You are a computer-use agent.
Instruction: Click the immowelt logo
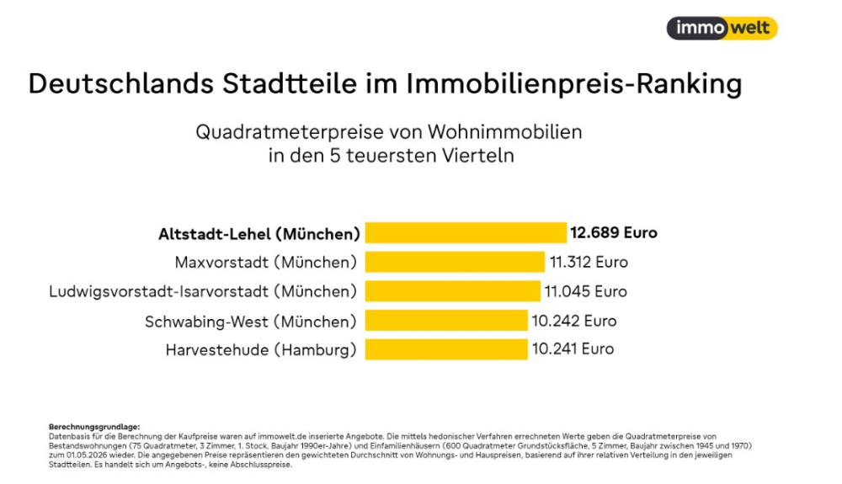(x=722, y=28)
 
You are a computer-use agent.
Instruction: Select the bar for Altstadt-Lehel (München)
(x=466, y=233)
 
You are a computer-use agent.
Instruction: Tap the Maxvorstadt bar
(x=455, y=262)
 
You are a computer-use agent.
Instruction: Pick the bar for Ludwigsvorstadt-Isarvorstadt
(x=453, y=291)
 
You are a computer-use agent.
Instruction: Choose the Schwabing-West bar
(x=446, y=321)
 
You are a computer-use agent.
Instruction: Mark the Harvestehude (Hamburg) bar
(x=446, y=349)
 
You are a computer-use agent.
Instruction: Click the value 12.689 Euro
(x=614, y=233)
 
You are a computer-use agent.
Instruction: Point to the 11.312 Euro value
(x=589, y=262)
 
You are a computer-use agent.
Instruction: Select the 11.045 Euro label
(x=586, y=291)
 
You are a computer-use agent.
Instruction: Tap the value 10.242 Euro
(x=574, y=321)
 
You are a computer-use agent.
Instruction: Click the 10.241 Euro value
(x=573, y=348)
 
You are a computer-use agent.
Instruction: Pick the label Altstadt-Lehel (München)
(x=258, y=235)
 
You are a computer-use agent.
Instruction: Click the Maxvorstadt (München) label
(x=266, y=263)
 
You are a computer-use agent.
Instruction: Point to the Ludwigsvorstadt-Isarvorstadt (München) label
(x=203, y=291)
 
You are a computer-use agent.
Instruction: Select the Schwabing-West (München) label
(x=251, y=322)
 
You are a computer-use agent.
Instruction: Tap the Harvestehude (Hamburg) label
(x=261, y=350)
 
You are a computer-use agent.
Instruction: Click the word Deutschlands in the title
(x=120, y=83)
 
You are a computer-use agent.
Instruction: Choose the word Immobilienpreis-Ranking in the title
(x=574, y=84)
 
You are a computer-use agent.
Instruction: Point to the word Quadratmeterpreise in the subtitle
(x=290, y=132)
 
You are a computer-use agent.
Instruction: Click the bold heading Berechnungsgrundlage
(x=94, y=427)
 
